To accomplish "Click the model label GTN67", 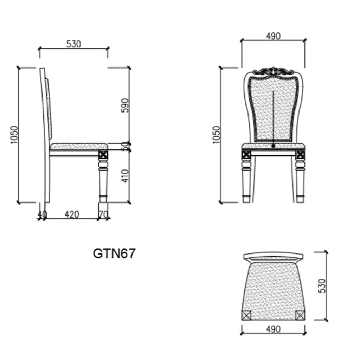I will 114,253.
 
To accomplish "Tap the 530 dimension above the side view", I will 73,44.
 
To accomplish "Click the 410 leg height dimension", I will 126,176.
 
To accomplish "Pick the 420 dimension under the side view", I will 72,214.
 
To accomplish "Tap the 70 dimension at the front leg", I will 103,214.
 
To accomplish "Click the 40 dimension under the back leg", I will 42,214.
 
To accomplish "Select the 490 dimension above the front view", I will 273,36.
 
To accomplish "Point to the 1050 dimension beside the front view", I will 216,134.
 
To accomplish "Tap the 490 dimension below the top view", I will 273,329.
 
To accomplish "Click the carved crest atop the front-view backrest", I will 273,72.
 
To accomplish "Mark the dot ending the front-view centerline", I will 273,145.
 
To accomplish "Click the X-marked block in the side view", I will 103,154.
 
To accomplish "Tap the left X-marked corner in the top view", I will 246,315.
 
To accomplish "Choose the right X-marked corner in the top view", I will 300,315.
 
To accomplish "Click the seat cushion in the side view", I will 78,146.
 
